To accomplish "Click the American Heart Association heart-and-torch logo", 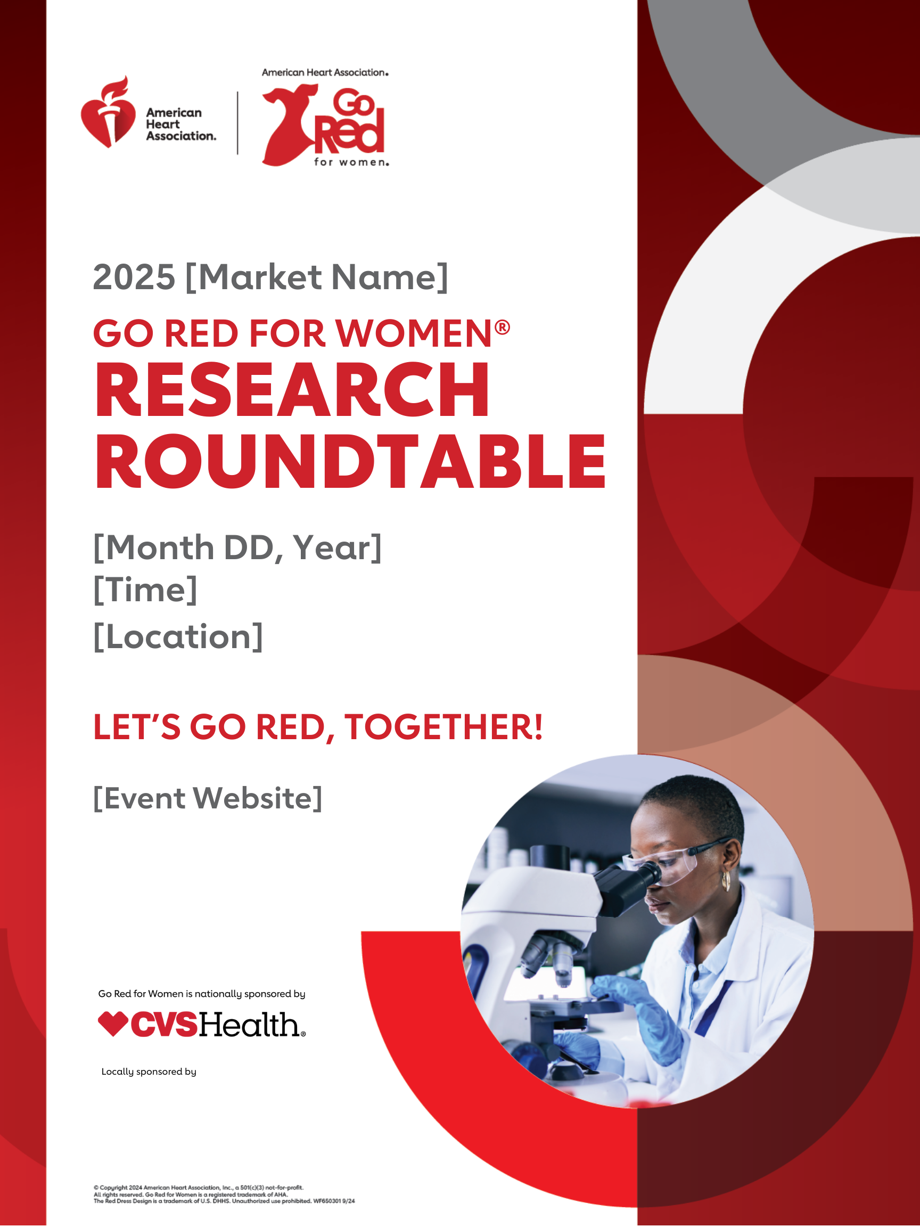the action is coord(108,112).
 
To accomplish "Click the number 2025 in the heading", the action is coord(134,277).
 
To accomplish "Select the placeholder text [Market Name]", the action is coord(317,277).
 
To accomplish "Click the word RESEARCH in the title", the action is coord(292,389).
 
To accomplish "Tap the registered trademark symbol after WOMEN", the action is coord(502,328).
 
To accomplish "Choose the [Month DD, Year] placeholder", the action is coord(237,548).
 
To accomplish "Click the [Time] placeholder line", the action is coord(145,589).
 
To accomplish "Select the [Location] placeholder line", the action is coord(178,636).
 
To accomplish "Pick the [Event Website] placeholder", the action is coord(208,798).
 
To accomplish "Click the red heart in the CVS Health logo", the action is coord(113,1024).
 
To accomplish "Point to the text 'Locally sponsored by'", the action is coord(149,1071).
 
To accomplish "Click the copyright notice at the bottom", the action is coord(224,1195).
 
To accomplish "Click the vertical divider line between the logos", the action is coord(238,122).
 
